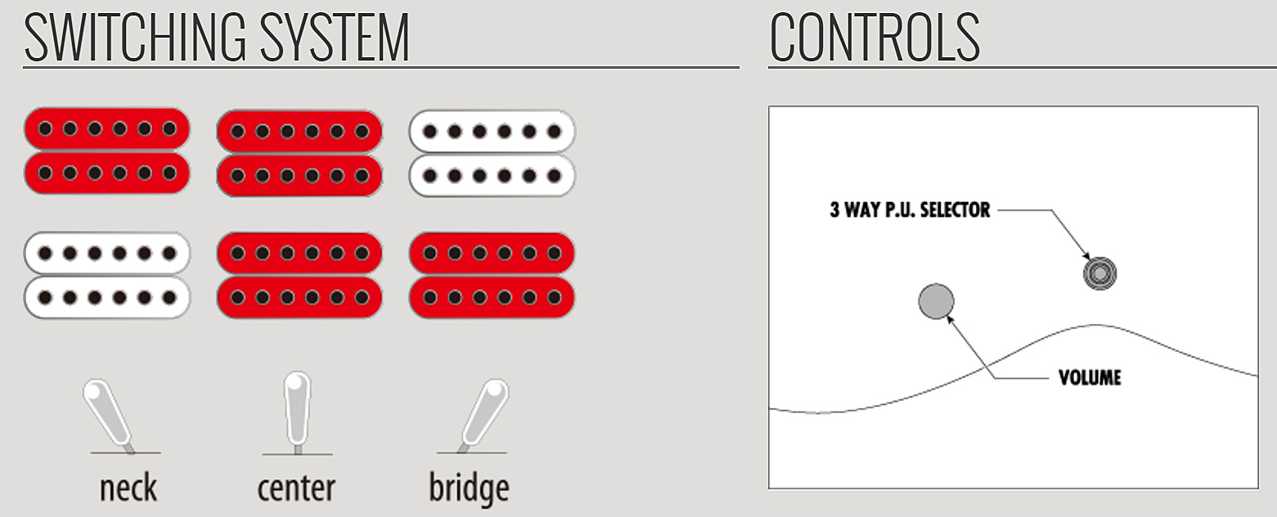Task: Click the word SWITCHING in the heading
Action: click(x=135, y=38)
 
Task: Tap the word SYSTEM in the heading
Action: click(x=335, y=38)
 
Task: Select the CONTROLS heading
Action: click(x=875, y=38)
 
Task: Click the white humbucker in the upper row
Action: click(x=492, y=153)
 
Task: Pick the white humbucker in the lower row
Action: click(x=107, y=275)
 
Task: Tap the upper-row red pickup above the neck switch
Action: click(x=107, y=151)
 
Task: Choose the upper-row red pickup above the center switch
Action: click(x=299, y=153)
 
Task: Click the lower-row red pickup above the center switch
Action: click(x=299, y=275)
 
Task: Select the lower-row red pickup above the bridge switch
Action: click(x=492, y=275)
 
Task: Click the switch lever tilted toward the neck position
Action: click(x=108, y=414)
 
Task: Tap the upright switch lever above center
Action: click(x=297, y=411)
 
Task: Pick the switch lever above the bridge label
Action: click(x=484, y=414)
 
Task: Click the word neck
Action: click(x=128, y=488)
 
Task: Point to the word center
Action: click(x=296, y=489)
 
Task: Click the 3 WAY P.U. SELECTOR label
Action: click(x=910, y=209)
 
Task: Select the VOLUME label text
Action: click(x=1090, y=377)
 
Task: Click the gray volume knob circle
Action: click(x=936, y=301)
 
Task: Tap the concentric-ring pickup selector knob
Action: click(x=1099, y=273)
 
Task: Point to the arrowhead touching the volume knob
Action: click(x=951, y=320)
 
